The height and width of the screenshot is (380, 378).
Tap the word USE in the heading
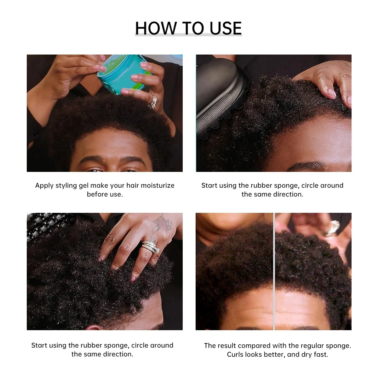click(x=226, y=28)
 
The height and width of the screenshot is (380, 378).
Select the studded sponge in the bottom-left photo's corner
click(x=44, y=224)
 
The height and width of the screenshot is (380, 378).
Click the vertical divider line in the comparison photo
click(x=274, y=271)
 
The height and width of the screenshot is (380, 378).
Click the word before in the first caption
click(x=96, y=194)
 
